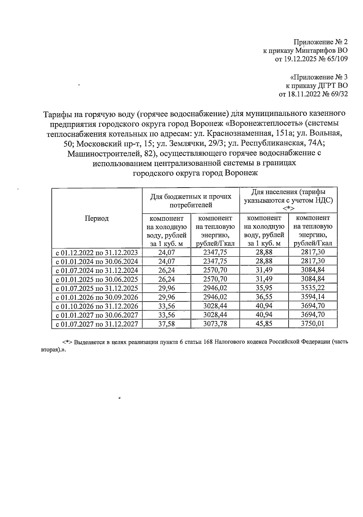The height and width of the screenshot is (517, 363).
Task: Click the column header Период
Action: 96,218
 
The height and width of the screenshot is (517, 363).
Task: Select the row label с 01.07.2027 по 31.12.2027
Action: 97,324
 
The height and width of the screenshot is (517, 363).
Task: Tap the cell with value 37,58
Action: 167,324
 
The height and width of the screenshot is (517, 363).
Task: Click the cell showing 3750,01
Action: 313,324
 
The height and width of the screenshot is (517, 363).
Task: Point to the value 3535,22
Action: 313,288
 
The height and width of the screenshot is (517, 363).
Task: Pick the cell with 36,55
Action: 264,297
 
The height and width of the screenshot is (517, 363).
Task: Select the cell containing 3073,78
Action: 215,324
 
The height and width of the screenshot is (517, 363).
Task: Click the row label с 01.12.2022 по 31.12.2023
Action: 97,252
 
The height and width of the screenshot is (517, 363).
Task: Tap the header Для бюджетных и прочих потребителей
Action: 191,201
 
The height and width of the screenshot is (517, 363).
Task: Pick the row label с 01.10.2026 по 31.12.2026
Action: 97,306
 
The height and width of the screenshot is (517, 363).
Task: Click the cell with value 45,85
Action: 264,324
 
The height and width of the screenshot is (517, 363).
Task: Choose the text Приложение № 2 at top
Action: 321,42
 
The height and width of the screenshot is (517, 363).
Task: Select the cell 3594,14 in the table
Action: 313,297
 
